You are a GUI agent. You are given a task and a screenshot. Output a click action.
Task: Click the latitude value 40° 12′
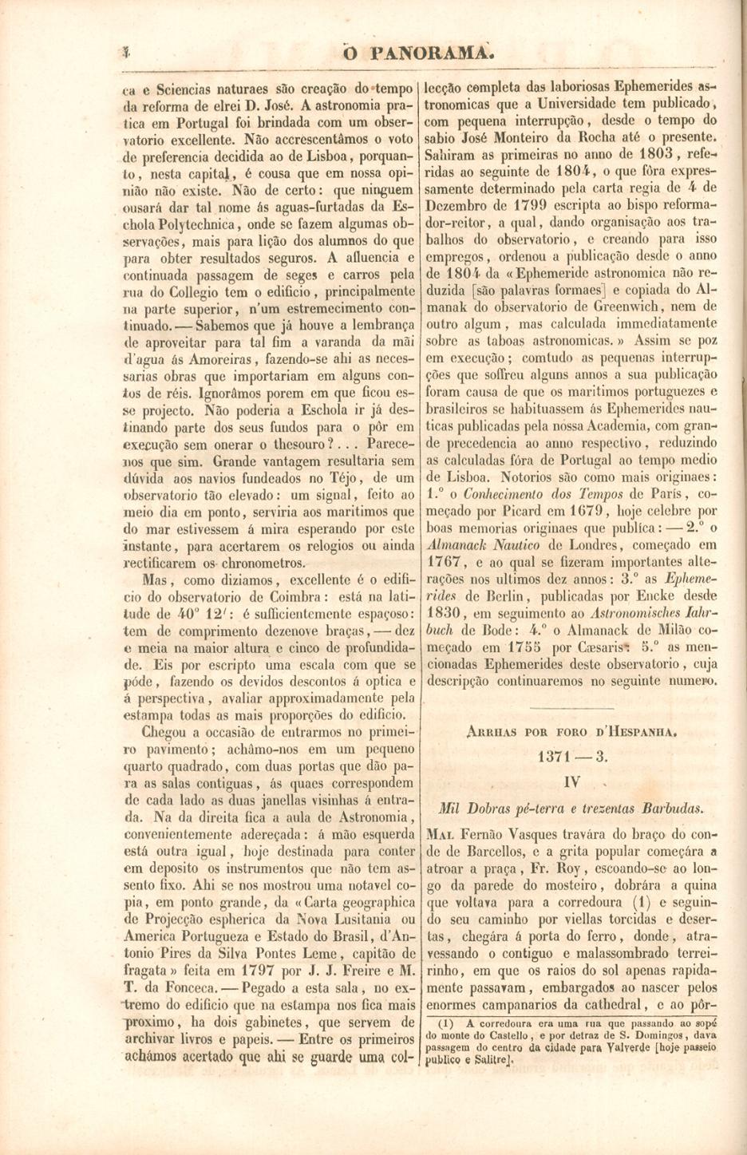coord(211,613)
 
